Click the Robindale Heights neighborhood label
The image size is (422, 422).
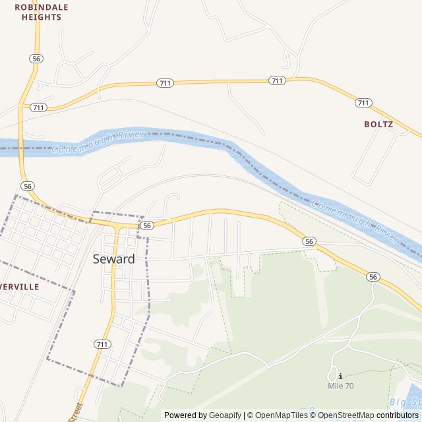point(41,12)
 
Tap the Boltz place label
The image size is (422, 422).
point(378,124)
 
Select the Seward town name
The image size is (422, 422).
point(113,259)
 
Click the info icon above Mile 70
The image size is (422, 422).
point(340,376)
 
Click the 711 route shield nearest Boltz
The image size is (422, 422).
point(363,103)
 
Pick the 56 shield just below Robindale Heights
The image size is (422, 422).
point(36,59)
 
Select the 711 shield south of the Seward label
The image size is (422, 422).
point(102,344)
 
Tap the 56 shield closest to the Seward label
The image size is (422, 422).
point(146,226)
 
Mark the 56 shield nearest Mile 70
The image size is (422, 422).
point(374,277)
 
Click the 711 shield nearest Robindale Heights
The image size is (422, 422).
point(38,107)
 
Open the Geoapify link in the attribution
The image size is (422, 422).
point(224,415)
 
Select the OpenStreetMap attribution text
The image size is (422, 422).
point(346,415)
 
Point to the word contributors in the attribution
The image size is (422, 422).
point(398,415)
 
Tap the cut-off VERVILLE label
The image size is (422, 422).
point(20,287)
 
